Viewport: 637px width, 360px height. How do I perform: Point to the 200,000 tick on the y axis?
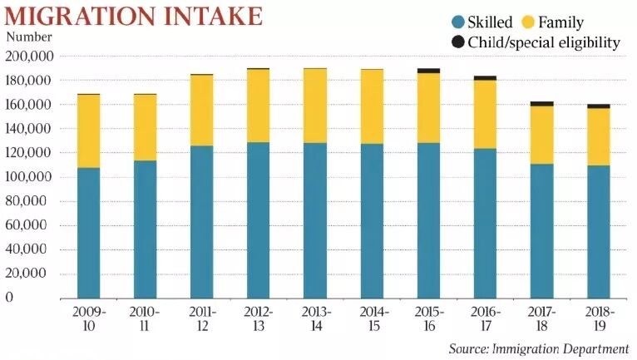30,57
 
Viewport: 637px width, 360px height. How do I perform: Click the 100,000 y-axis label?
30,177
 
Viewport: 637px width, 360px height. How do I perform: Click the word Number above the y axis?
29,37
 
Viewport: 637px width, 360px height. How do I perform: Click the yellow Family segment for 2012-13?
258,106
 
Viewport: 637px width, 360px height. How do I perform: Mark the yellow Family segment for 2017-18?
541,135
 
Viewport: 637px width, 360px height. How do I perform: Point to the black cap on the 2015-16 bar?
428,71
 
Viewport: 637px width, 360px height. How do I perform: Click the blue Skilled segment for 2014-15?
371,220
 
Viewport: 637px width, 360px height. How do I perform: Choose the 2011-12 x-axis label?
202,319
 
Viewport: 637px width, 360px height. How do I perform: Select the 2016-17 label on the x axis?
485,319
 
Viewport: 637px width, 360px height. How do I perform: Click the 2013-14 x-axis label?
315,319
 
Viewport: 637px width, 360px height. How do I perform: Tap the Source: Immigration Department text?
538,348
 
